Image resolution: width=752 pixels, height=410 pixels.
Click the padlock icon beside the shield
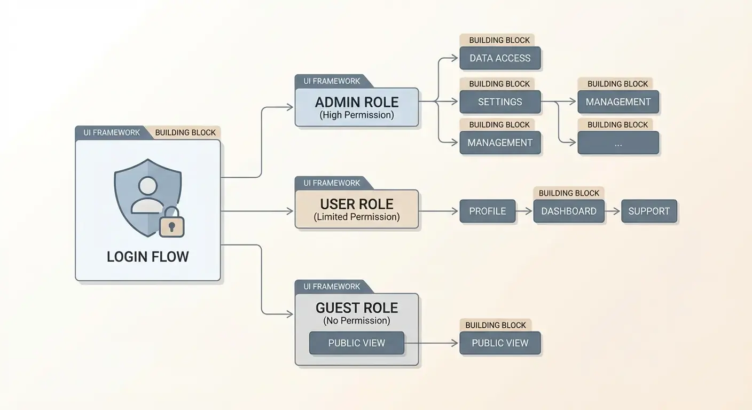click(x=171, y=222)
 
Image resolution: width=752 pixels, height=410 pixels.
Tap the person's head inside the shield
click(x=147, y=186)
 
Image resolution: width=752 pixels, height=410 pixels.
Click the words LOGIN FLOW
click(x=148, y=257)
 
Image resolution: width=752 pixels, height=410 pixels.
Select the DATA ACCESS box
click(x=500, y=58)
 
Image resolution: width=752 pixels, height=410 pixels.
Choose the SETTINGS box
click(x=500, y=102)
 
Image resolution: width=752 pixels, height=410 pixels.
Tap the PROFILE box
click(x=488, y=211)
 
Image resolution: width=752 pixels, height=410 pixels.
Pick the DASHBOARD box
click(x=569, y=211)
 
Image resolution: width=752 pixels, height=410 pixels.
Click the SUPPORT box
click(x=649, y=211)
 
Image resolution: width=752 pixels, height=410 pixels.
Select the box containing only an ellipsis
click(x=618, y=143)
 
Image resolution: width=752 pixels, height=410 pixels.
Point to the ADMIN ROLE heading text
click(x=357, y=102)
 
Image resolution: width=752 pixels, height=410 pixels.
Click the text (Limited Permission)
click(x=357, y=217)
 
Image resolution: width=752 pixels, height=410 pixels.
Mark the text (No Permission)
click(x=357, y=320)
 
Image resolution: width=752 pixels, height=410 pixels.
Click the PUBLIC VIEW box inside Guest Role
click(x=357, y=343)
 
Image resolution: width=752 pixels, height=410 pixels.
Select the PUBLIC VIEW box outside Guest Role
click(x=500, y=343)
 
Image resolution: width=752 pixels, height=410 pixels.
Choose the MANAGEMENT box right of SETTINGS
click(x=618, y=102)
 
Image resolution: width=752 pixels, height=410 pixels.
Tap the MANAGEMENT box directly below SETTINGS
click(x=500, y=143)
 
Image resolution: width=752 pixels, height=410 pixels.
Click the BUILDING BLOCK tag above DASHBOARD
click(x=569, y=193)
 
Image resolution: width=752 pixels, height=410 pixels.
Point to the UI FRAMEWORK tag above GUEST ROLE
click(x=332, y=287)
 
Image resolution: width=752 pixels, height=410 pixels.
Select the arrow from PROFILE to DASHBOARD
click(x=525, y=211)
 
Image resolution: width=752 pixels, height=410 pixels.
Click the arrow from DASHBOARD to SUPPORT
click(x=613, y=211)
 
